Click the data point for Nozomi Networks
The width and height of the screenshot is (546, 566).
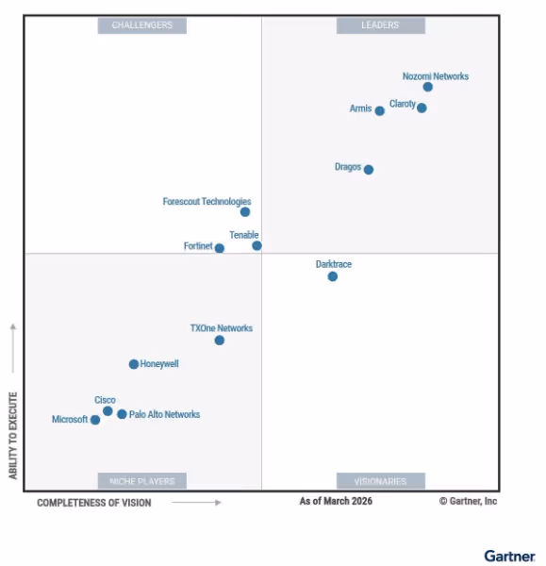pyautogui.click(x=427, y=87)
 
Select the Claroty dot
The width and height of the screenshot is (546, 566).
pyautogui.click(x=422, y=108)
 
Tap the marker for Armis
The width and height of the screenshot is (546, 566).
pyautogui.click(x=379, y=110)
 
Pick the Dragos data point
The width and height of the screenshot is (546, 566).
pyautogui.click(x=368, y=170)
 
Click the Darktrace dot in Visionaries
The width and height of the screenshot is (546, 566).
pyautogui.click(x=332, y=276)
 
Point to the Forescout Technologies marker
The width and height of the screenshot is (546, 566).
pyautogui.click(x=244, y=212)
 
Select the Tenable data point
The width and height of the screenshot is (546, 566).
pyautogui.click(x=256, y=246)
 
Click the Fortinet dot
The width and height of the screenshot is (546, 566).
pyautogui.click(x=220, y=249)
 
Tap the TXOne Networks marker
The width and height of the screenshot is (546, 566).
pyautogui.click(x=220, y=341)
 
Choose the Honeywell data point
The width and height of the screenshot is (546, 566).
pyautogui.click(x=134, y=364)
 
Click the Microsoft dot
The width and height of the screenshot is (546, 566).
pyautogui.click(x=95, y=420)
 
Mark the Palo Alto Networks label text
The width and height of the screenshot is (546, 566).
pyautogui.click(x=164, y=414)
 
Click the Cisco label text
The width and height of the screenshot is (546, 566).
pyautogui.click(x=105, y=400)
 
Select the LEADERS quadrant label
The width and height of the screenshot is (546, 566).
pyautogui.click(x=380, y=25)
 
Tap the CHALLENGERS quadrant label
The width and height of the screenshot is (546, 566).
pyautogui.click(x=142, y=25)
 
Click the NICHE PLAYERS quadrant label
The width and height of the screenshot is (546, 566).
pyautogui.click(x=142, y=481)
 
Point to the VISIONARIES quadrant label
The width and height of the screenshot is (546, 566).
pyautogui.click(x=380, y=481)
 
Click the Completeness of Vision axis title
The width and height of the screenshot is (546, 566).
pyautogui.click(x=93, y=503)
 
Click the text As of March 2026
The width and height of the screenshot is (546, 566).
pyautogui.click(x=336, y=501)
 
